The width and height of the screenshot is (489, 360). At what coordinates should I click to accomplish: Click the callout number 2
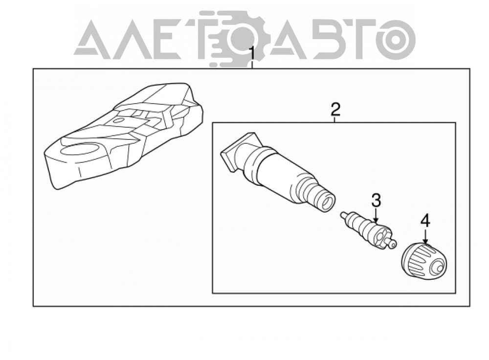[335, 109]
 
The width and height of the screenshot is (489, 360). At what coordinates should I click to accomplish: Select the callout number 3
[376, 200]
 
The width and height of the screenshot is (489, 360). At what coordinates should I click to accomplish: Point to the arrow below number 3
[376, 216]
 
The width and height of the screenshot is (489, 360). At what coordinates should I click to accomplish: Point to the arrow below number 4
[425, 236]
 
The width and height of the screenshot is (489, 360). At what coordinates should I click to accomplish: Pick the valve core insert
[369, 229]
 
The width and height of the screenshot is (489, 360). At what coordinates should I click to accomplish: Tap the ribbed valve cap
[424, 259]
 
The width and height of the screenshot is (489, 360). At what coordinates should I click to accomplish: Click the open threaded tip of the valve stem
[327, 202]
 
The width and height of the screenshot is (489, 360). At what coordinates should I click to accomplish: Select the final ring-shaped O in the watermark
[395, 39]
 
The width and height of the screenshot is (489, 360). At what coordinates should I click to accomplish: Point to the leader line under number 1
[252, 65]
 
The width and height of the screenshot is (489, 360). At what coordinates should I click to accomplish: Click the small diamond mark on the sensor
[118, 120]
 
